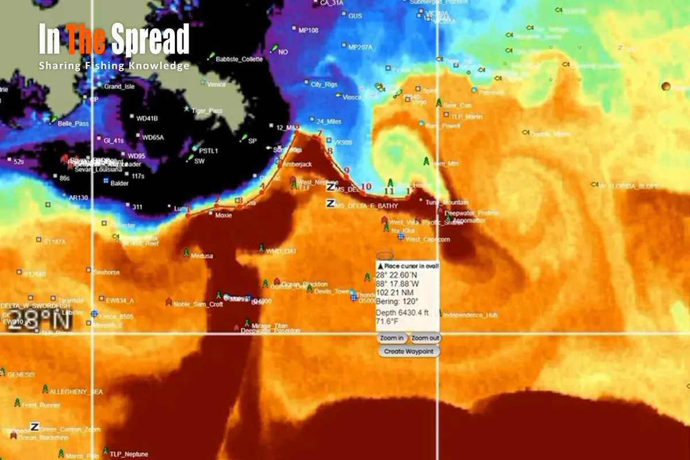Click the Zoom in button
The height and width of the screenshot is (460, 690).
pyautogui.click(x=392, y=338)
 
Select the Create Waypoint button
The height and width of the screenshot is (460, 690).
pyautogui.click(x=409, y=351)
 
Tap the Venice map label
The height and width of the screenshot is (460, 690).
pyautogui.click(x=216, y=85)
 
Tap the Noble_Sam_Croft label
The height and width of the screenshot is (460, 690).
pyautogui.click(x=198, y=304)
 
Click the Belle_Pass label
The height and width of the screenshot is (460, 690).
pyautogui.click(x=73, y=123)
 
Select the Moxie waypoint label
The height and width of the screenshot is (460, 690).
pyautogui.click(x=223, y=216)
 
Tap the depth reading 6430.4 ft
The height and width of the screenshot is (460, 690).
pyautogui.click(x=402, y=312)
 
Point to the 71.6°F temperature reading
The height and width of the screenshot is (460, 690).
pyautogui.click(x=387, y=322)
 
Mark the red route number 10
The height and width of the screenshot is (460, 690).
pyautogui.click(x=366, y=186)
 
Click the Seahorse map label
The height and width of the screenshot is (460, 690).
pyautogui.click(x=106, y=272)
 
